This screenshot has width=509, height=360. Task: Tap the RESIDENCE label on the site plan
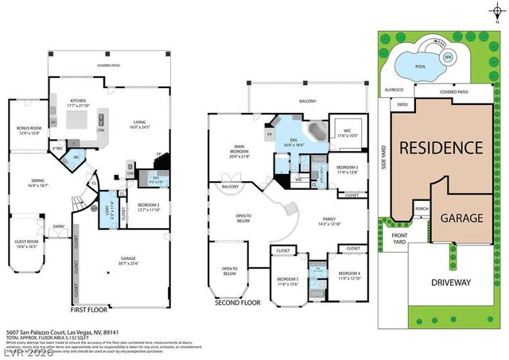441,147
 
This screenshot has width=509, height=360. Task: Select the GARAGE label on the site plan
463,217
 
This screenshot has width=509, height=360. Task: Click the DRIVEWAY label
452,282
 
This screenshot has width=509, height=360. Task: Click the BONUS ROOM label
29,130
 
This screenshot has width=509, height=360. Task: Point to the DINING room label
38,180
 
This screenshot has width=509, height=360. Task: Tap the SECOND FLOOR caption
239,303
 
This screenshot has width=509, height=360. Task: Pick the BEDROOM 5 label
287,279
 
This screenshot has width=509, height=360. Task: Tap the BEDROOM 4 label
348,274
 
